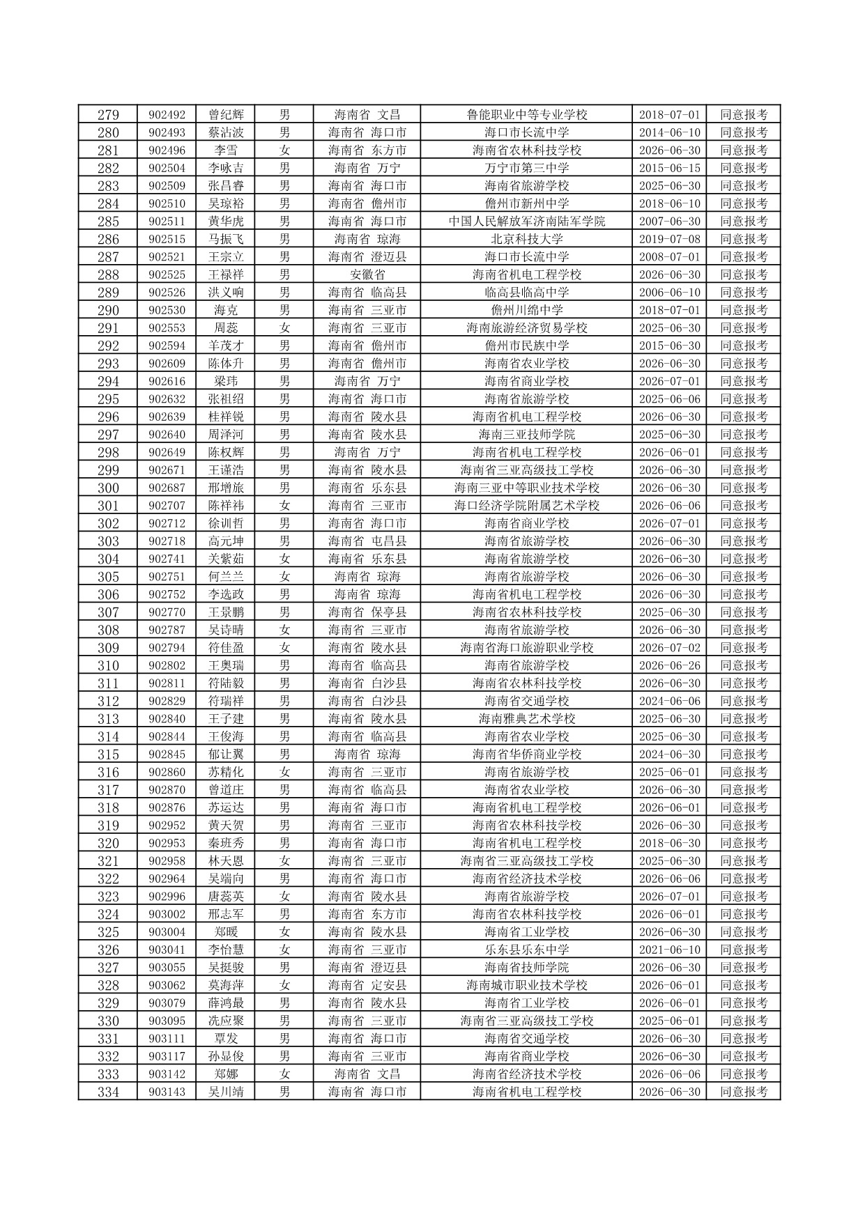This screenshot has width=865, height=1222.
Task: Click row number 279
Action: (x=108, y=115)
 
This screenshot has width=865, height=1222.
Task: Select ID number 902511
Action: (x=167, y=222)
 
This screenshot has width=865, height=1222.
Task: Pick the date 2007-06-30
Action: (x=669, y=222)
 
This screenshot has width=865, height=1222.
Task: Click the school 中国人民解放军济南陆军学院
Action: (x=526, y=222)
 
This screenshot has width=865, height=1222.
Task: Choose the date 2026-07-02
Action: (x=669, y=648)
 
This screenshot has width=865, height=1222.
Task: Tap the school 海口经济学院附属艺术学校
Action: (x=526, y=506)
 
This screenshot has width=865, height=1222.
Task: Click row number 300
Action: (x=108, y=488)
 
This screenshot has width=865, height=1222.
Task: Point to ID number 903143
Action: (x=167, y=1092)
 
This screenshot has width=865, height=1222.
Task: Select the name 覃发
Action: (x=226, y=1039)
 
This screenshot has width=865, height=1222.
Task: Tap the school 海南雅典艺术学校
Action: (x=526, y=719)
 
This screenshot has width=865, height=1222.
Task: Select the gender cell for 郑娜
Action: (x=284, y=1074)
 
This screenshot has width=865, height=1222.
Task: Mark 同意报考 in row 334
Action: (x=743, y=1092)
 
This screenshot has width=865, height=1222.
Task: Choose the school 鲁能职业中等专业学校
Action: (x=526, y=115)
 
